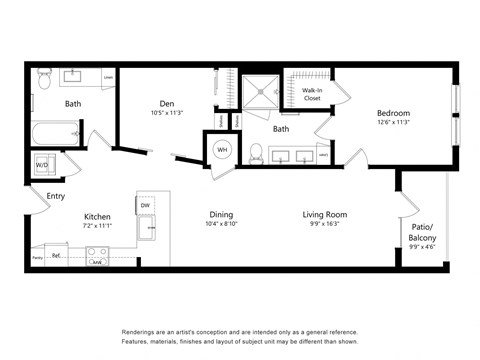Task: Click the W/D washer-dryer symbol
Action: (x=44, y=163)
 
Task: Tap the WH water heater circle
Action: (x=221, y=150)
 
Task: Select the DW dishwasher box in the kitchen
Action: (x=146, y=205)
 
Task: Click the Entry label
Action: (x=56, y=196)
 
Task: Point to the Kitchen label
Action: (x=97, y=216)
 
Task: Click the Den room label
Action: (x=168, y=103)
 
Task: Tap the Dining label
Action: (x=221, y=214)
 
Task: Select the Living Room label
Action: (x=325, y=214)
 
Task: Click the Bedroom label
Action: (x=393, y=113)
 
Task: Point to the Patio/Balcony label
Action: (x=422, y=232)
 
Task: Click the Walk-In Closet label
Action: (x=312, y=95)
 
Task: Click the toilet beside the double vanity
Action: (x=256, y=152)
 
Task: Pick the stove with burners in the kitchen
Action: (x=98, y=256)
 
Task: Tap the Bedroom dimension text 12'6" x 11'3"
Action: (x=393, y=123)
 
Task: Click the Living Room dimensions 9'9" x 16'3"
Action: (x=325, y=224)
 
